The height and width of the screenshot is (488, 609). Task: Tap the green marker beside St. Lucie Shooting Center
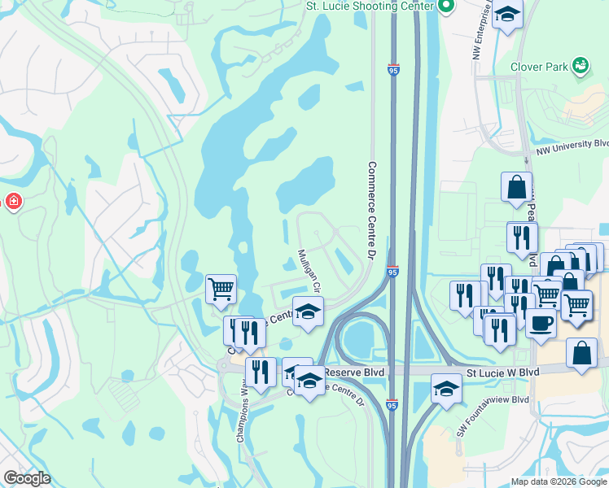click(x=445, y=7)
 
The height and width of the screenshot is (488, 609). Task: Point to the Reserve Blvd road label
click(x=355, y=372)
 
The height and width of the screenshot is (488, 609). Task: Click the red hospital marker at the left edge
click(x=13, y=201)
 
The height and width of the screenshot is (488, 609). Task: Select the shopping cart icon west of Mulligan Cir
click(x=221, y=288)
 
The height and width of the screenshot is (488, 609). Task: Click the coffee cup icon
click(x=541, y=323)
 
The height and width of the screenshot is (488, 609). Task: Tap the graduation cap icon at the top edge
click(x=508, y=14)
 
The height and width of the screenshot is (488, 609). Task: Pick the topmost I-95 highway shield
click(x=393, y=71)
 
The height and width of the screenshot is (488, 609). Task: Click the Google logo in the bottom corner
click(x=27, y=478)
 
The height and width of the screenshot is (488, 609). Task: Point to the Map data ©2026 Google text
click(x=559, y=481)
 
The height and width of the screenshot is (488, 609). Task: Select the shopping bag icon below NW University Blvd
click(x=517, y=188)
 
